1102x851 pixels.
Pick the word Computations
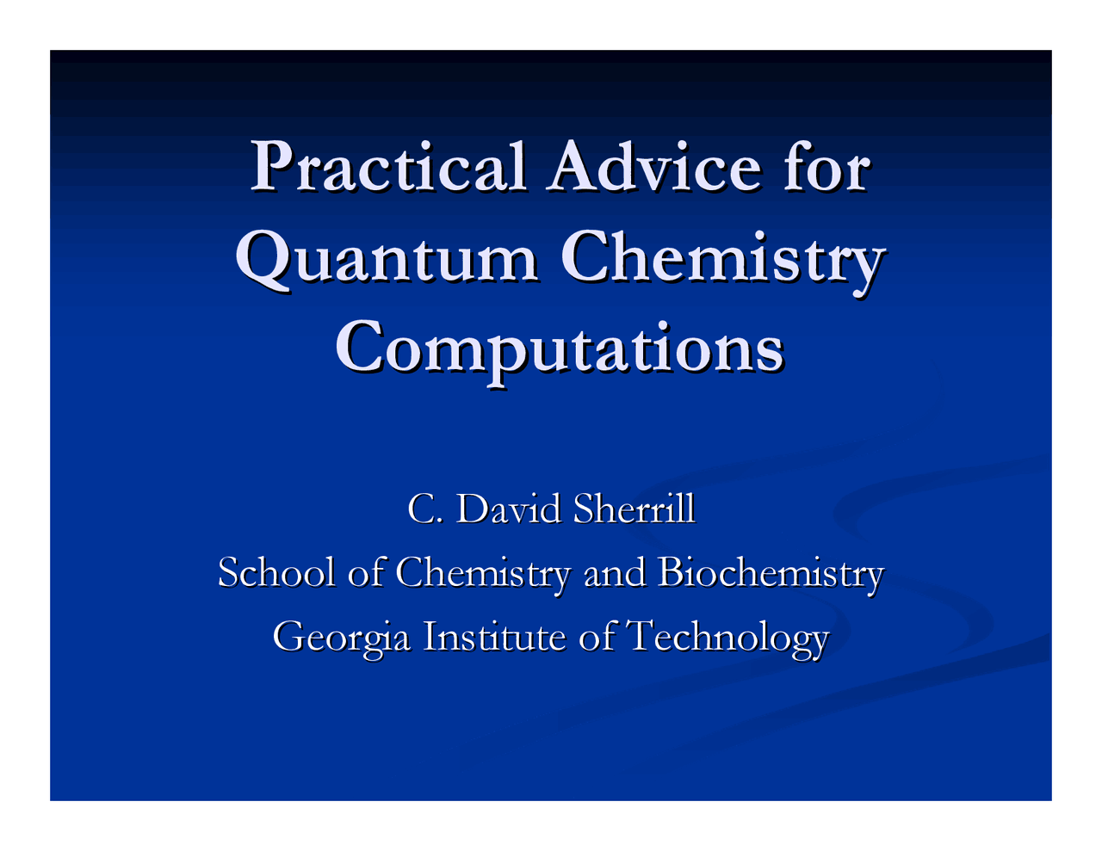click(x=559, y=348)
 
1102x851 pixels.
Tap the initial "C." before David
click(x=424, y=509)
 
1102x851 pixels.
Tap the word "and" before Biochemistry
click(x=614, y=572)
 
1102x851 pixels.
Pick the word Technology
click(x=727, y=638)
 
